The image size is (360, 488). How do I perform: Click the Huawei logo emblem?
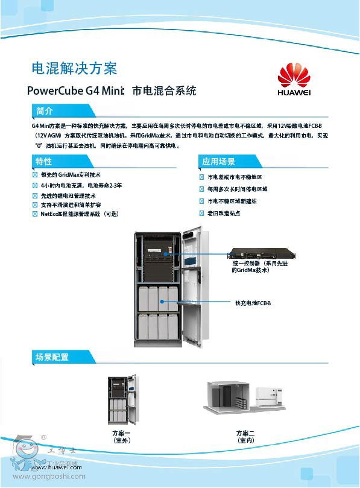tap(294, 75)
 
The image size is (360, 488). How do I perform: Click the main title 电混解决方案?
tap(74, 68)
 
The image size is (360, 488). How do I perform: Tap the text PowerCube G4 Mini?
tap(75, 91)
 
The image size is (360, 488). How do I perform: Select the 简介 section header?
tap(45, 112)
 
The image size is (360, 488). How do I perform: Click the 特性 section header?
tap(44, 161)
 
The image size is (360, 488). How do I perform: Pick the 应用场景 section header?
tap(218, 162)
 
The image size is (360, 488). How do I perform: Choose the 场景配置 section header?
tap(52, 357)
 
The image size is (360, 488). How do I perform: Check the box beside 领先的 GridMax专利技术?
tap(35, 174)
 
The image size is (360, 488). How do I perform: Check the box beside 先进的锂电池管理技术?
tap(35, 196)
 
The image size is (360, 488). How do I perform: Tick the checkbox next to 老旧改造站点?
tap(202, 214)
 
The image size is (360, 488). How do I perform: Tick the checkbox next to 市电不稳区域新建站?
tap(202, 201)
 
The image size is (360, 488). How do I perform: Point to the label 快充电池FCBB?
tap(253, 303)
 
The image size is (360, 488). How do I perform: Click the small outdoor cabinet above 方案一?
tap(121, 398)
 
